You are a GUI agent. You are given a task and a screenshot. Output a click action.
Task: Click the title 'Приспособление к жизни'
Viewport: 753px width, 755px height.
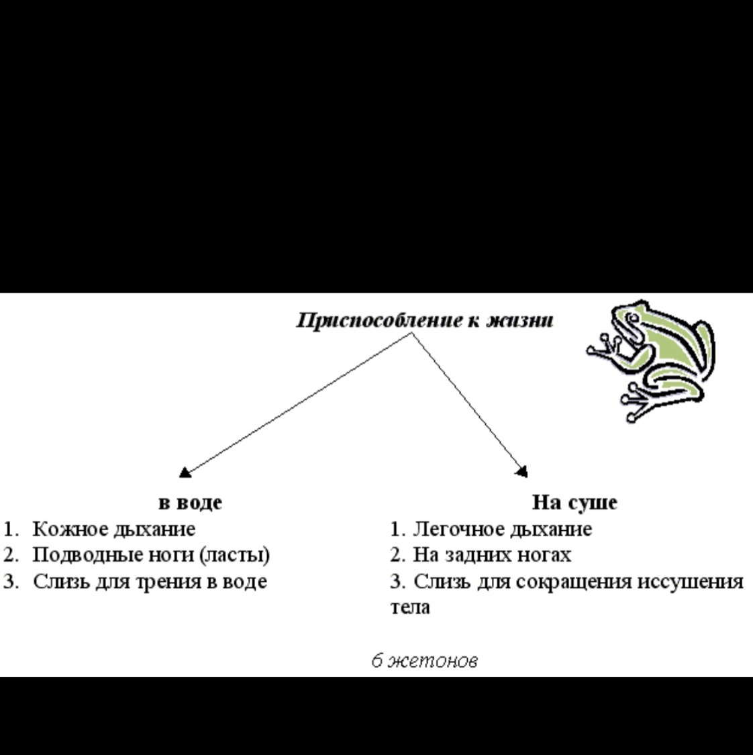425,321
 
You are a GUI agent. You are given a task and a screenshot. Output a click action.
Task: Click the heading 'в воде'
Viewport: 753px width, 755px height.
190,502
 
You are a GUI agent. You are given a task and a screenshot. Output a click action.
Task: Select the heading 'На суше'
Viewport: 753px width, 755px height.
574,502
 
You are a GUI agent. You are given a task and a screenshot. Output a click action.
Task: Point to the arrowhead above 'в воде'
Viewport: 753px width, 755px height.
185,472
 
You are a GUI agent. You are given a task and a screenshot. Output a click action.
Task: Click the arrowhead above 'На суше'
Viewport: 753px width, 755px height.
521,472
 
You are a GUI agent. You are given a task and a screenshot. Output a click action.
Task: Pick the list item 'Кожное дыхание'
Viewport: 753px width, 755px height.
114,529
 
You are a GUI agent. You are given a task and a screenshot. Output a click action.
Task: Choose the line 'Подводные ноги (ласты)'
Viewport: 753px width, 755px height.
151,555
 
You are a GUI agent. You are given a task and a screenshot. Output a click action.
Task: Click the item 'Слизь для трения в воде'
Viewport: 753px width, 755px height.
150,581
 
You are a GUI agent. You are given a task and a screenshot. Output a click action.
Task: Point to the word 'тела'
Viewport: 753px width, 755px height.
410,607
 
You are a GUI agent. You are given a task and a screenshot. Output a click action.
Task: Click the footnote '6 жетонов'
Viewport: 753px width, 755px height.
425,661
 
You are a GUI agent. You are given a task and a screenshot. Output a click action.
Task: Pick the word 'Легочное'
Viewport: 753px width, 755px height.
458,529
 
